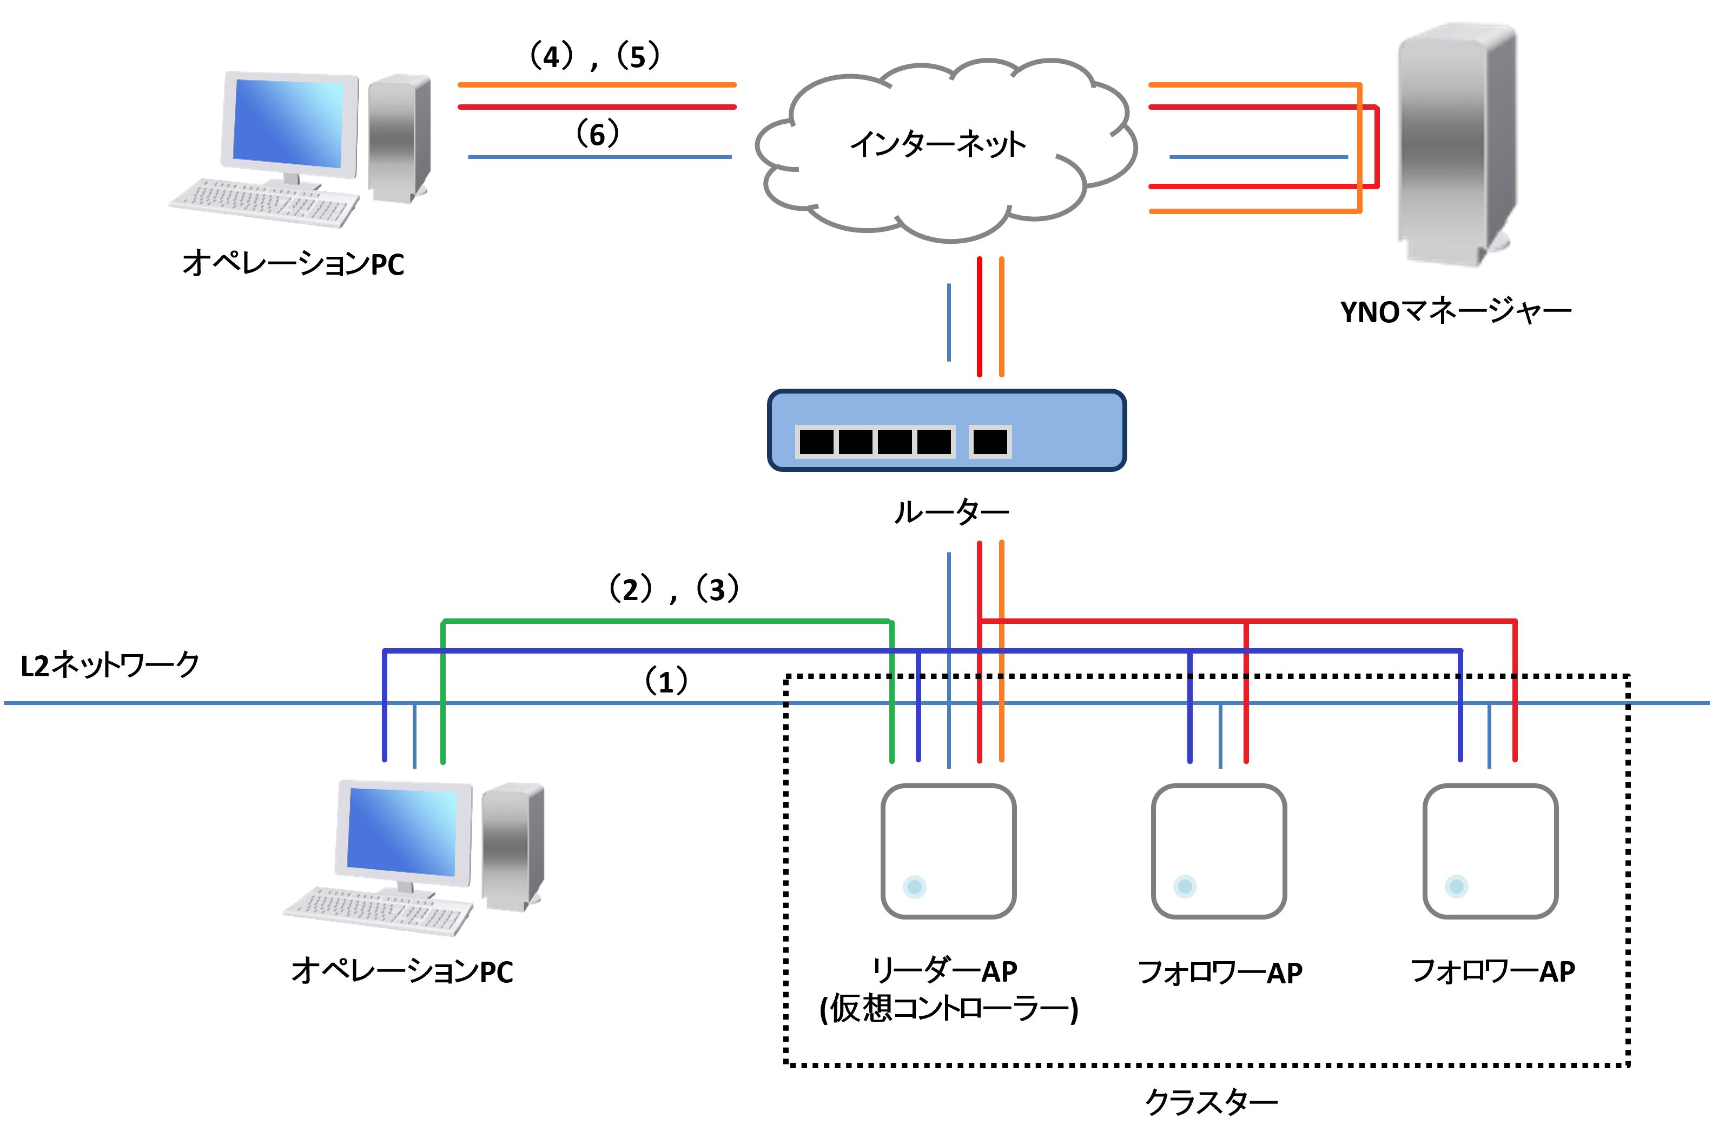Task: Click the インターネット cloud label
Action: tap(937, 144)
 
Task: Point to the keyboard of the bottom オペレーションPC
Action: tap(378, 911)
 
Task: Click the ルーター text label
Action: tap(950, 512)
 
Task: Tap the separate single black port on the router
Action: tap(990, 441)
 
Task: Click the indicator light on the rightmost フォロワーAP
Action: tap(1456, 886)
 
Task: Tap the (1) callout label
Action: tap(666, 681)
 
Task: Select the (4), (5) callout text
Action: tap(594, 56)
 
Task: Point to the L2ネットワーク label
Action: tap(110, 665)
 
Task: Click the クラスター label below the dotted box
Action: tap(1211, 1102)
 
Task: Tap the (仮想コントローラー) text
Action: tap(948, 1008)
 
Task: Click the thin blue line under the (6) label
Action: tap(599, 157)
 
